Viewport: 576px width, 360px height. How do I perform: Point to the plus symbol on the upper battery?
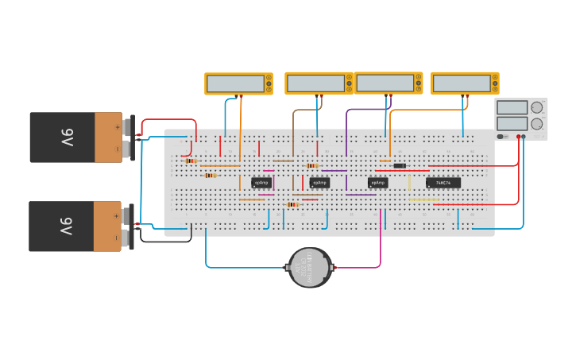coord(117,126)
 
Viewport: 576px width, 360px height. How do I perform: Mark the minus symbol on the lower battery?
coord(117,237)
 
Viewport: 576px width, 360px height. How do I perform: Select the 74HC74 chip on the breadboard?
coord(443,183)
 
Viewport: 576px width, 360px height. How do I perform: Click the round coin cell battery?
coord(309,268)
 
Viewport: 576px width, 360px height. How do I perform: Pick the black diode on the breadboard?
coord(400,165)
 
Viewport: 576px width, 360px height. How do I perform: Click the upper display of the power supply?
coord(512,107)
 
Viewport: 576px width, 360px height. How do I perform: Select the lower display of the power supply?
coord(512,123)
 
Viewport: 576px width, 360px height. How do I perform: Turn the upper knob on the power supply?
coord(537,107)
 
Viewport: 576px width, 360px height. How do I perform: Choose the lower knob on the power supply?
coord(537,124)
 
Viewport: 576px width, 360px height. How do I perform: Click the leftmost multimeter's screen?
coord(235,83)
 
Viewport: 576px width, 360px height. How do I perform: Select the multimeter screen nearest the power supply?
coord(462,83)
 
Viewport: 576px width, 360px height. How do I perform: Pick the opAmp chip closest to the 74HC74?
coord(377,183)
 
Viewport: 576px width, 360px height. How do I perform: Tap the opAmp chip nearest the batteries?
coord(261,183)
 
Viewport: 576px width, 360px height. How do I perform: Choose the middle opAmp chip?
coord(319,183)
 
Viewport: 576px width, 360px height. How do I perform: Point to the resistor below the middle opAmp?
coord(292,204)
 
